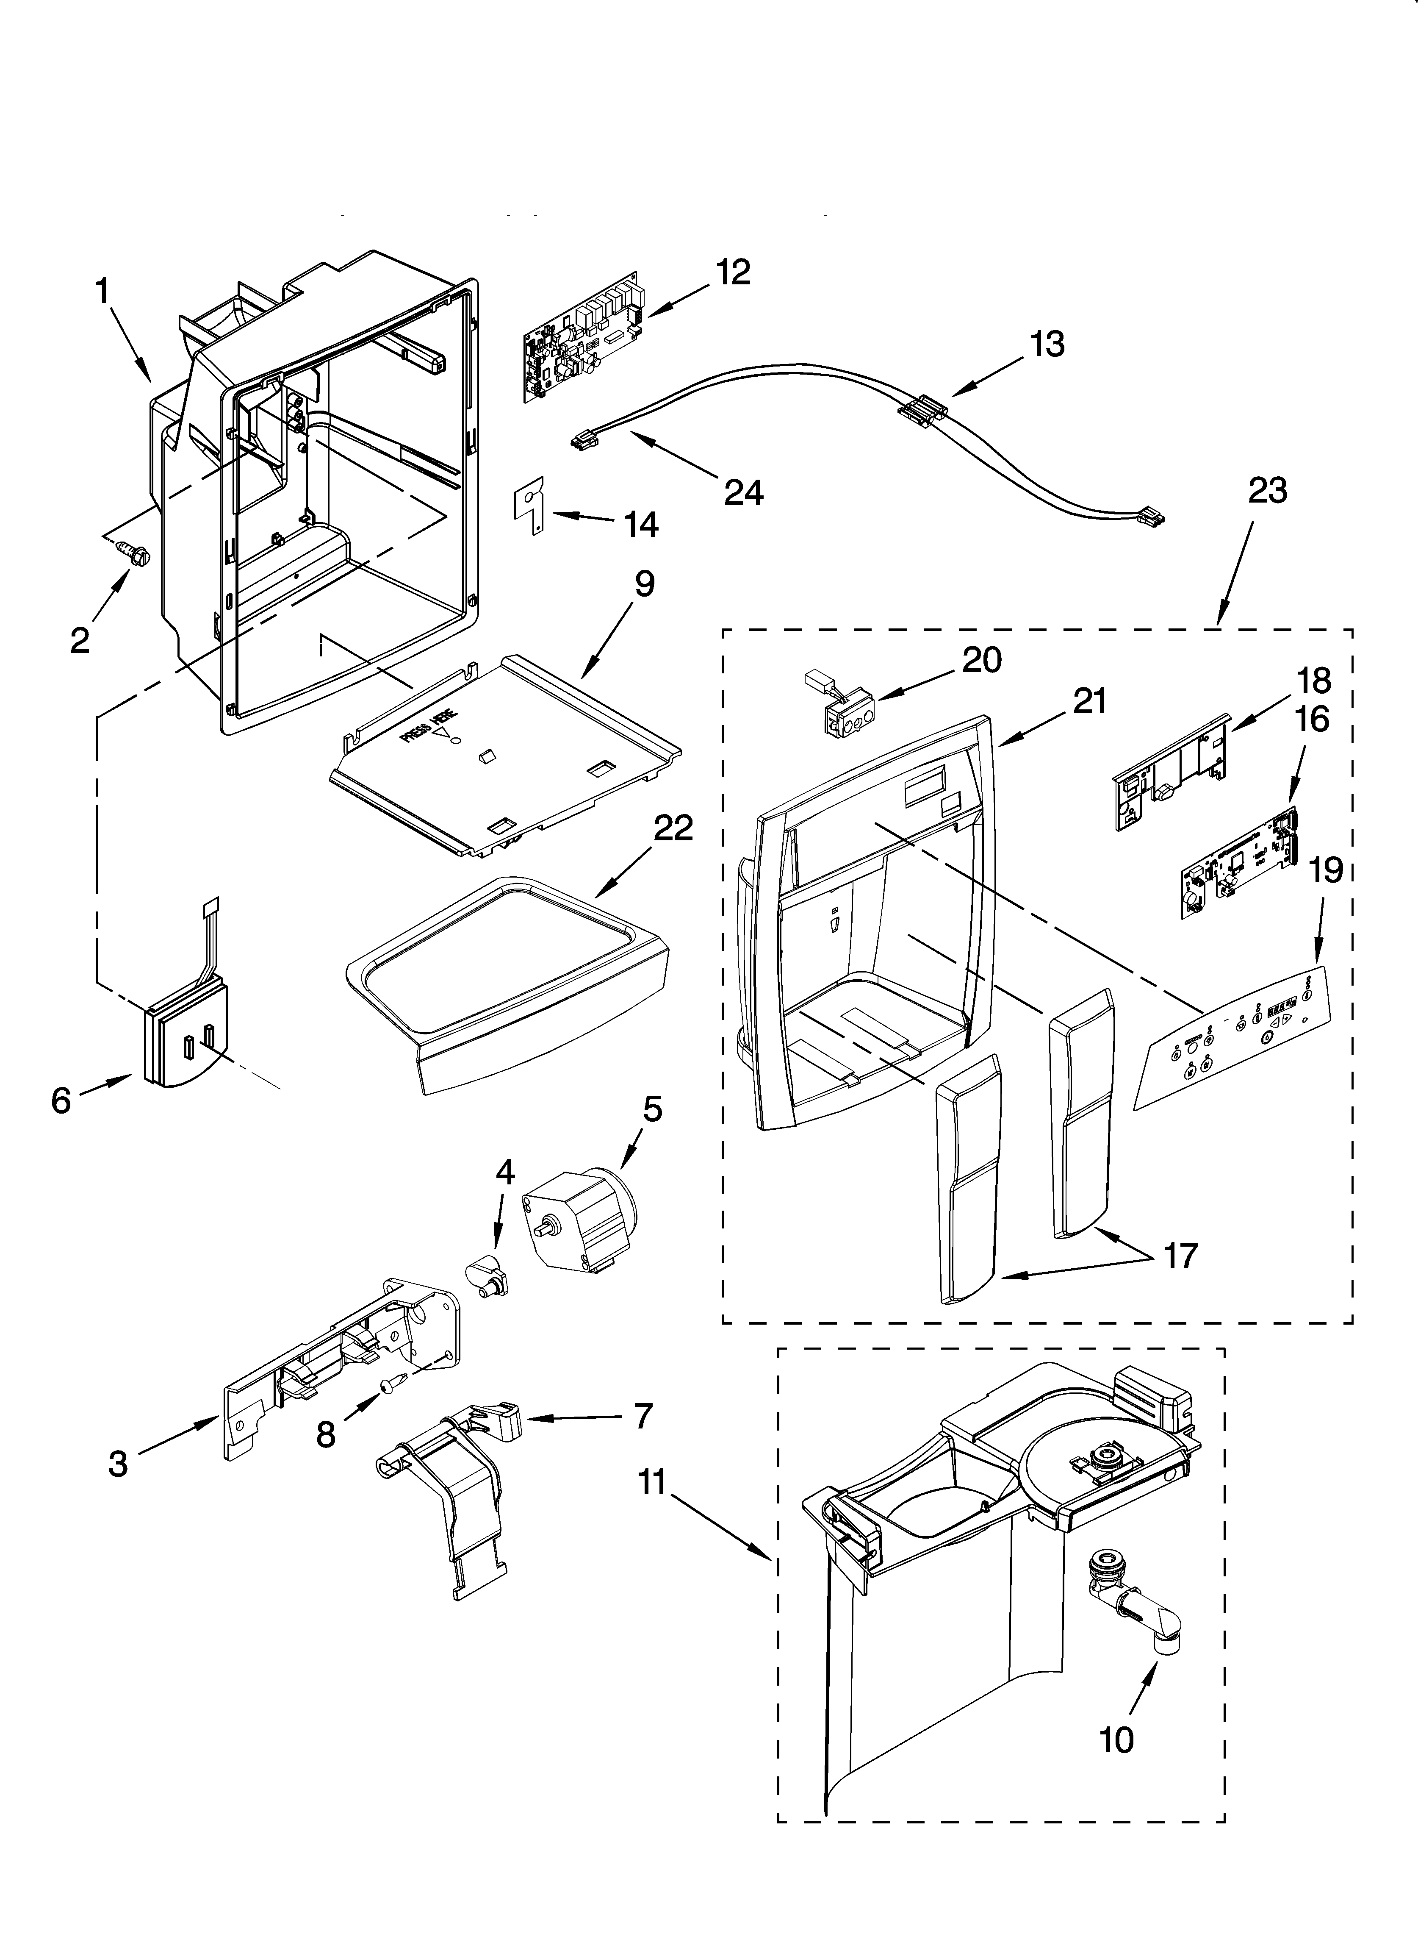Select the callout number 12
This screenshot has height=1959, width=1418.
pos(732,273)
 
